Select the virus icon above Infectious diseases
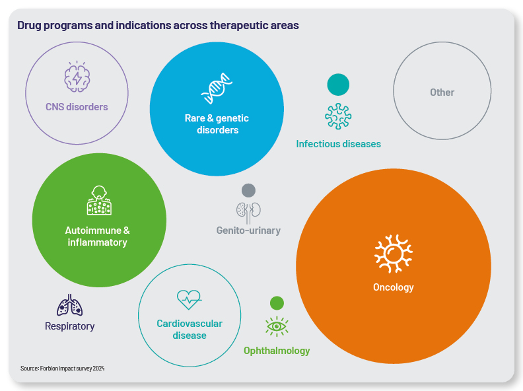[338, 116]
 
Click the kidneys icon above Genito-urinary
[248, 211]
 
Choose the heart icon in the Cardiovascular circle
[189, 300]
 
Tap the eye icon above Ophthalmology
[277, 326]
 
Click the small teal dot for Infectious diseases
[338, 85]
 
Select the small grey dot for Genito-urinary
[248, 190]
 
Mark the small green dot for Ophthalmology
[277, 303]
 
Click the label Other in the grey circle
[442, 92]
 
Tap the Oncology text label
[393, 287]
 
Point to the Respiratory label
[70, 326]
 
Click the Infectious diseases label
[338, 144]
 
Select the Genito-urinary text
[248, 231]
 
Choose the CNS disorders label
[77, 106]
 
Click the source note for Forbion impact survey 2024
[62, 368]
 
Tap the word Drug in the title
[29, 26]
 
